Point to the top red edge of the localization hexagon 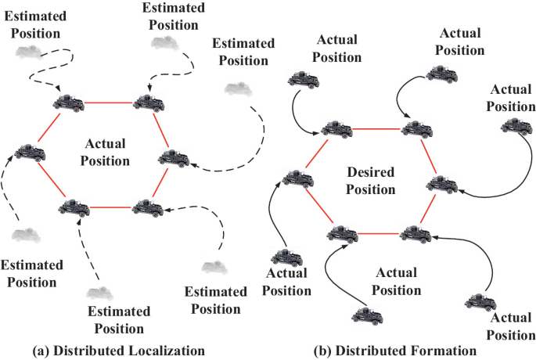point(110,102)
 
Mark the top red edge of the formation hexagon point(377,128)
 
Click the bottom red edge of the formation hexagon point(377,233)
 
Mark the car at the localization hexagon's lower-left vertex point(74,207)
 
